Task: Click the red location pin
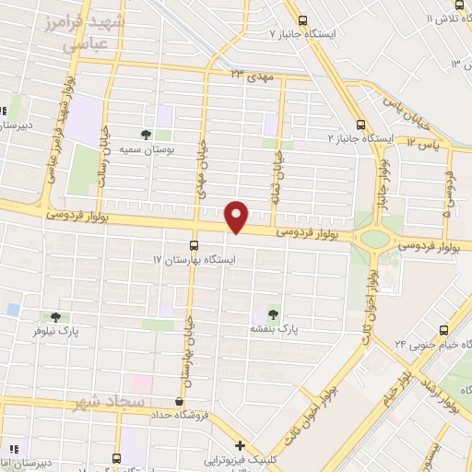point(237,216)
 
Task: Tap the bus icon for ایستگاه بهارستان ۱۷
point(194,245)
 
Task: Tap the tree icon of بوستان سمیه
point(147,134)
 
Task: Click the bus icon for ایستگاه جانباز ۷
point(301,20)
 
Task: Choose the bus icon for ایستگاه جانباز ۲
point(360,124)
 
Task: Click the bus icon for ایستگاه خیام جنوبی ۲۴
point(443,328)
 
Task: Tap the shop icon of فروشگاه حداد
point(179,402)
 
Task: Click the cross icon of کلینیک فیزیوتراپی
point(239,446)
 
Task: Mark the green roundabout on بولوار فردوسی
point(374,240)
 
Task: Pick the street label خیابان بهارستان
point(190,351)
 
